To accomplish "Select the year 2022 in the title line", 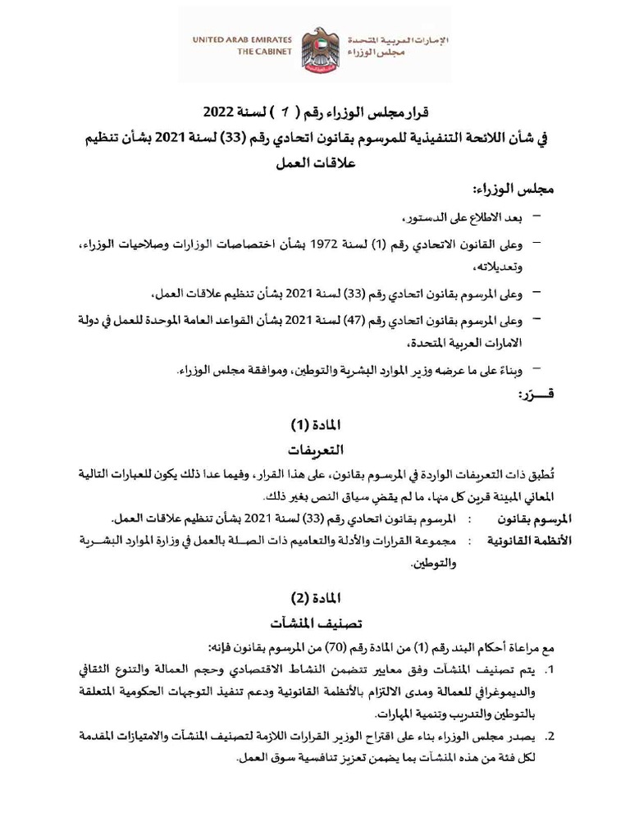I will pos(220,112).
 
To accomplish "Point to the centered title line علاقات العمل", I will pos(316,163).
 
